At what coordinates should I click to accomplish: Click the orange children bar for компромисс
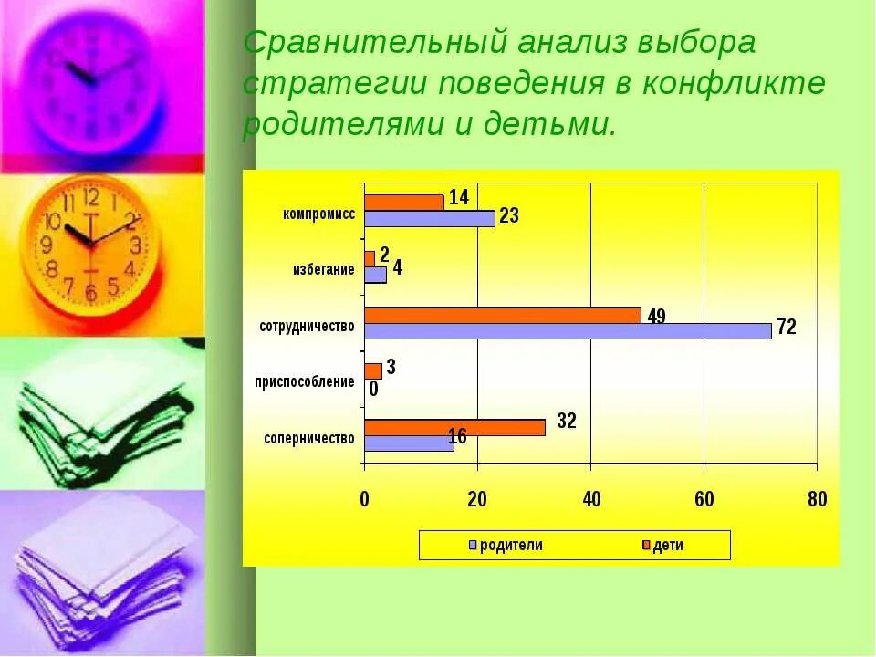(x=403, y=202)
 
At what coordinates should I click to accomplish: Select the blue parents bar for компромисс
(x=429, y=218)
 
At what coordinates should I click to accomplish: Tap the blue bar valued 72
(x=568, y=330)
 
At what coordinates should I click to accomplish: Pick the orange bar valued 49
(x=502, y=315)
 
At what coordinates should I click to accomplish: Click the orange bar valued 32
(x=454, y=427)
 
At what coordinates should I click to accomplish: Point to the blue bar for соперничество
(x=409, y=443)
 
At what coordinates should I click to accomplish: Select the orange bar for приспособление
(x=372, y=371)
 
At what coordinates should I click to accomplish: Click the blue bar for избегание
(x=375, y=275)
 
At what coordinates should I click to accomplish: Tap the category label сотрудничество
(x=307, y=326)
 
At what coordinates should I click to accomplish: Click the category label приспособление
(x=305, y=381)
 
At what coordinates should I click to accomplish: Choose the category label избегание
(x=323, y=269)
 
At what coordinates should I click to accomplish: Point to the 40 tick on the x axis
(x=590, y=498)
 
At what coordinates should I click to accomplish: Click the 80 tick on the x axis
(x=817, y=498)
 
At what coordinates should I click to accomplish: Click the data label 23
(x=509, y=216)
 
